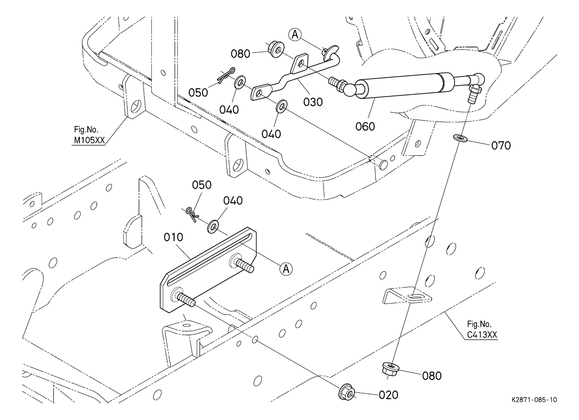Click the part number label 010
click(173, 237)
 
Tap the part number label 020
click(388, 395)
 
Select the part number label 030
click(313, 102)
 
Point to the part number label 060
click(365, 126)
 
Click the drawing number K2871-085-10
click(534, 400)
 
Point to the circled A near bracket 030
click(295, 34)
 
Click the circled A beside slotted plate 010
click(286, 269)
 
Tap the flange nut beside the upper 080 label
click(275, 50)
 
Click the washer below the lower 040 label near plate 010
click(214, 227)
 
